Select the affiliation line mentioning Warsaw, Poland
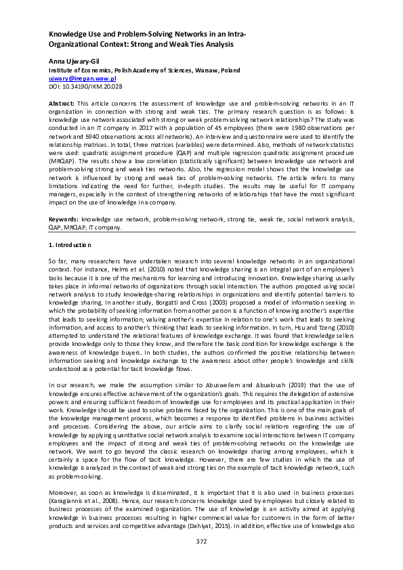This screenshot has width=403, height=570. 144,70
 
